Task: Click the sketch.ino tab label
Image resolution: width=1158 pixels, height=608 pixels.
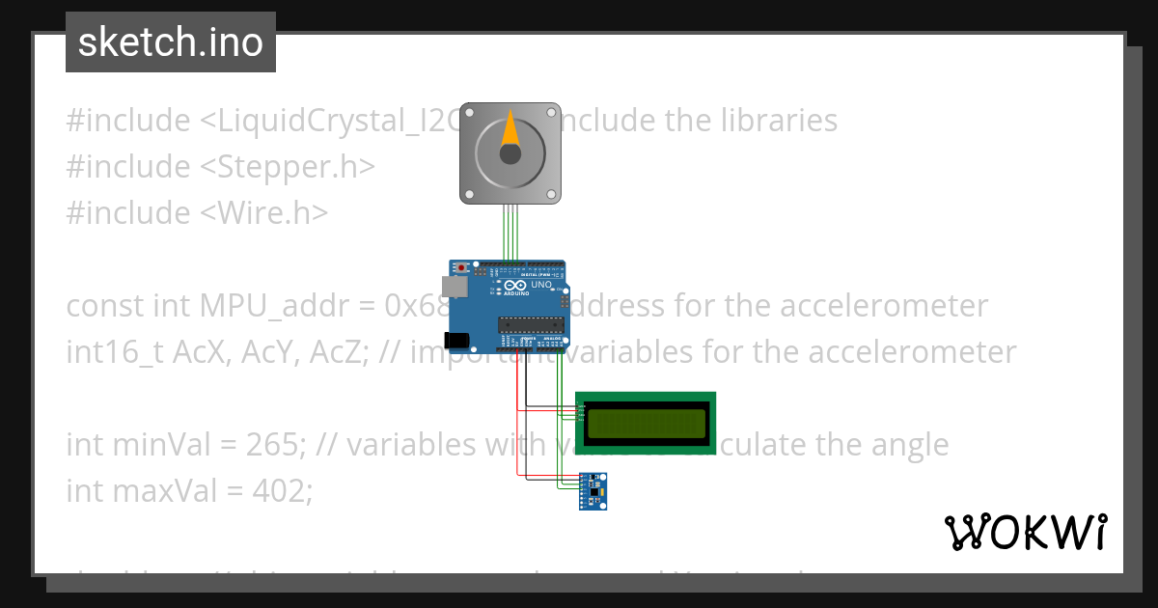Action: (x=171, y=42)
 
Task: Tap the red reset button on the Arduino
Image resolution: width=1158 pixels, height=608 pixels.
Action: (x=462, y=267)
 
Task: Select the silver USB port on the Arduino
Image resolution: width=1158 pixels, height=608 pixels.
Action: (x=452, y=287)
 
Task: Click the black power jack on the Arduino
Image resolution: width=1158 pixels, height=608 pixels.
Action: (x=455, y=339)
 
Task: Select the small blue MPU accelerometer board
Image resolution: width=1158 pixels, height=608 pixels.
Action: (x=593, y=491)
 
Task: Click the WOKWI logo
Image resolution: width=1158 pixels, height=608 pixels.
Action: (x=1025, y=532)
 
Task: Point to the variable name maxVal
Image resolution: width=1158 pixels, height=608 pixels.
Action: (x=155, y=491)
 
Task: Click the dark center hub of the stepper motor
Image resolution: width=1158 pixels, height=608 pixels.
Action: (x=510, y=153)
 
